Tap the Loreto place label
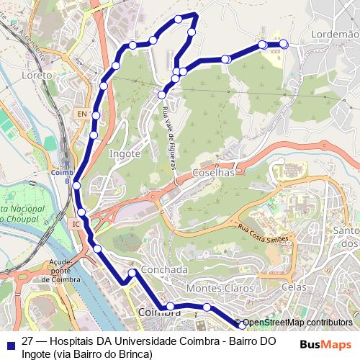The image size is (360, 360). coord(37,75)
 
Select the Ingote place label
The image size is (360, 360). coord(124,153)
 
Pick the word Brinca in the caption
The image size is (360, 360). coord(135,354)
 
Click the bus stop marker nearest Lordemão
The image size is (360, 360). coord(283,44)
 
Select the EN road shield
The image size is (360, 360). coord(81,114)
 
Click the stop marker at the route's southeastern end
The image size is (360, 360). coord(242,326)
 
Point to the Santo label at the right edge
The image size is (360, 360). coord(346,231)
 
